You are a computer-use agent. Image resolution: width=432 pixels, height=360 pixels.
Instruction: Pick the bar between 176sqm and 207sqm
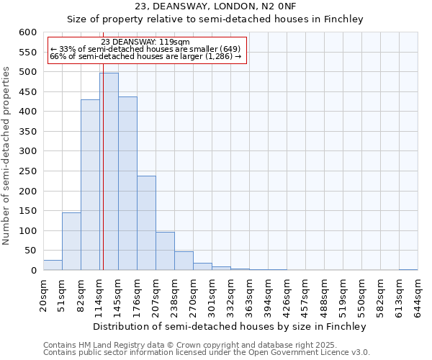[x=146, y=223]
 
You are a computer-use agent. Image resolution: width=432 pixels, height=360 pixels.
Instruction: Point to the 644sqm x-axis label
[x=418, y=295]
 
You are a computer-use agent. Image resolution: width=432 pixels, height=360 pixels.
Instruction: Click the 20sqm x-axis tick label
[x=44, y=295]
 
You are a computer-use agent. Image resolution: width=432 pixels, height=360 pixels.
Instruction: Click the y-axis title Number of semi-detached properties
[x=7, y=156]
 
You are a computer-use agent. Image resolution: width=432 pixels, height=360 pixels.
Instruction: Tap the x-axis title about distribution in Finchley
[x=230, y=326]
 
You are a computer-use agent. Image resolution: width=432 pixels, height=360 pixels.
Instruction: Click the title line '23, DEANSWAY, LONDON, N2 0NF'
[x=215, y=6]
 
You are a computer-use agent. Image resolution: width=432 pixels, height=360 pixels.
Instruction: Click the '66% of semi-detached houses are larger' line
[x=146, y=56]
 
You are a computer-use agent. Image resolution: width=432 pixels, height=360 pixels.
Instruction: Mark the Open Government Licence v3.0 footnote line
[x=207, y=353]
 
